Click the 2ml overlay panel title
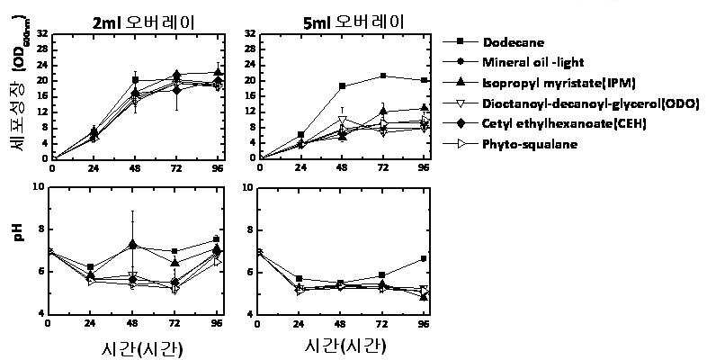point(143,22)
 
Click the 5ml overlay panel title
point(353,22)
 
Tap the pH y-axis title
point(19,235)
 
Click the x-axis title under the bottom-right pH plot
point(345,346)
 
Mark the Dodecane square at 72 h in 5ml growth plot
point(383,76)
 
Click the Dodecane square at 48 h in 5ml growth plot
point(342,86)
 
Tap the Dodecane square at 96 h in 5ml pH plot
point(424,258)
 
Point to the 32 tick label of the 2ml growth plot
point(43,34)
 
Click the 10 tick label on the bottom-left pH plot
point(40,187)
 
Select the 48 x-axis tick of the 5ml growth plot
point(342,167)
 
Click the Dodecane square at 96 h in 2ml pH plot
point(216,239)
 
